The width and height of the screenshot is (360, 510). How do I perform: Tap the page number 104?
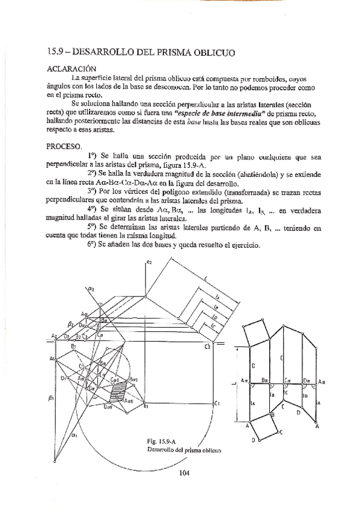(185, 473)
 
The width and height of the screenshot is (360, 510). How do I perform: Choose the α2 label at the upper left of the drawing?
(92, 289)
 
